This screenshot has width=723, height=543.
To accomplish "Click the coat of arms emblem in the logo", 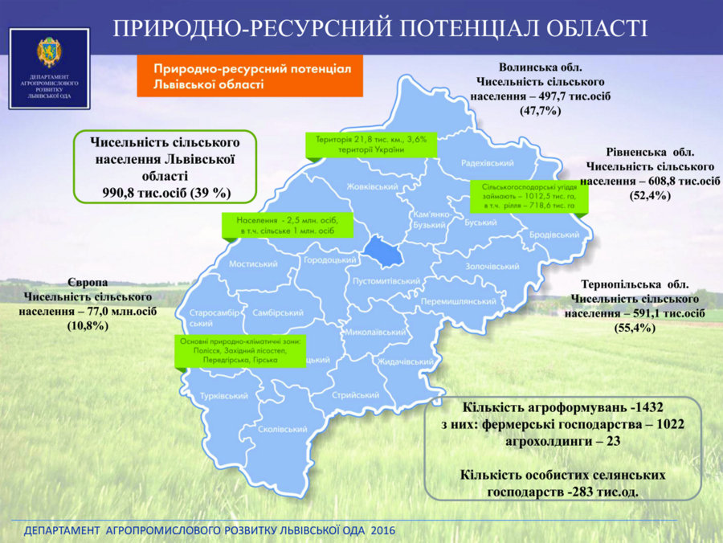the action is pos(49,52).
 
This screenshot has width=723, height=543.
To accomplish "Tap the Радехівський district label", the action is pos(488,163).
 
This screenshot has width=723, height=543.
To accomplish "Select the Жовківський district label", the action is pos(372,186).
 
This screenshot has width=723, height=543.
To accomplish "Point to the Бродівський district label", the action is pos(553,235).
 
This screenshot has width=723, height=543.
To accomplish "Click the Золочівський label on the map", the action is pos(492,267).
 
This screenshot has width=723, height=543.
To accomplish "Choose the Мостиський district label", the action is pos(253,264).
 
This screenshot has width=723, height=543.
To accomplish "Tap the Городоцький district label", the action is pos(329,260).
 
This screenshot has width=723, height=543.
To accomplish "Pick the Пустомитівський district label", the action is pos(386,280).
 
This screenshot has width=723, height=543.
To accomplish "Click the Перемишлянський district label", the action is pos(459,301).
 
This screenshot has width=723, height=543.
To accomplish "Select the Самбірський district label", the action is pos(278,312).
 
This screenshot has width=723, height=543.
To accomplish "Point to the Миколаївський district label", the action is pos(375,332).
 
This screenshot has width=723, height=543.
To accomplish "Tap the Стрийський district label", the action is pos(356,395).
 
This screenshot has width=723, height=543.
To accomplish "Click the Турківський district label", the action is pos(223,396).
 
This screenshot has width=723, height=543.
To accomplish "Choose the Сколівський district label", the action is pos(282,429).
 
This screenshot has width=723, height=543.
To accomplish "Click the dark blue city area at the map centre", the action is pos(384,252).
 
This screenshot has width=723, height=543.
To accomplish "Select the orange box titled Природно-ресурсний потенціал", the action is pos(250,76).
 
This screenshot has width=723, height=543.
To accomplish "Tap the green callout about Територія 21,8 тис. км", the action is pos(371,145).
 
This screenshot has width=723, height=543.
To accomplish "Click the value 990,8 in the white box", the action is pos(121,193).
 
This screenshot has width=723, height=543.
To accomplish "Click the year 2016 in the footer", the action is pos(382,531).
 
